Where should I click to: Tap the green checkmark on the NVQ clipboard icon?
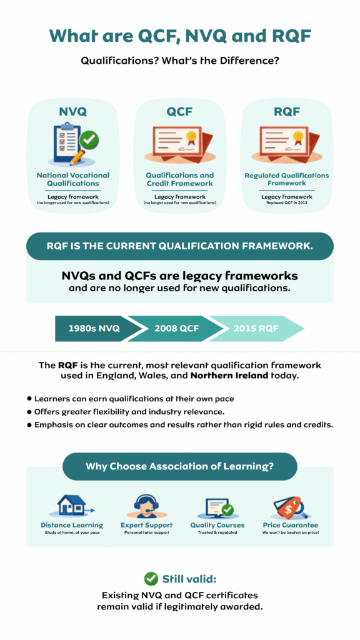click(91, 139)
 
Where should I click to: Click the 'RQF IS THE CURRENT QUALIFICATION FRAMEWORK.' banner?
click(179, 246)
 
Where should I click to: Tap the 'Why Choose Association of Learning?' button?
click(179, 466)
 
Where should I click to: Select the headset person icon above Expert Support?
click(146, 505)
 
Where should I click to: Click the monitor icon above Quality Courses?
click(219, 505)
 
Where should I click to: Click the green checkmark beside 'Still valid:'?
click(151, 578)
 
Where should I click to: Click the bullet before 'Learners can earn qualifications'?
click(29, 398)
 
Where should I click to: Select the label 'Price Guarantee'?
click(290, 525)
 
